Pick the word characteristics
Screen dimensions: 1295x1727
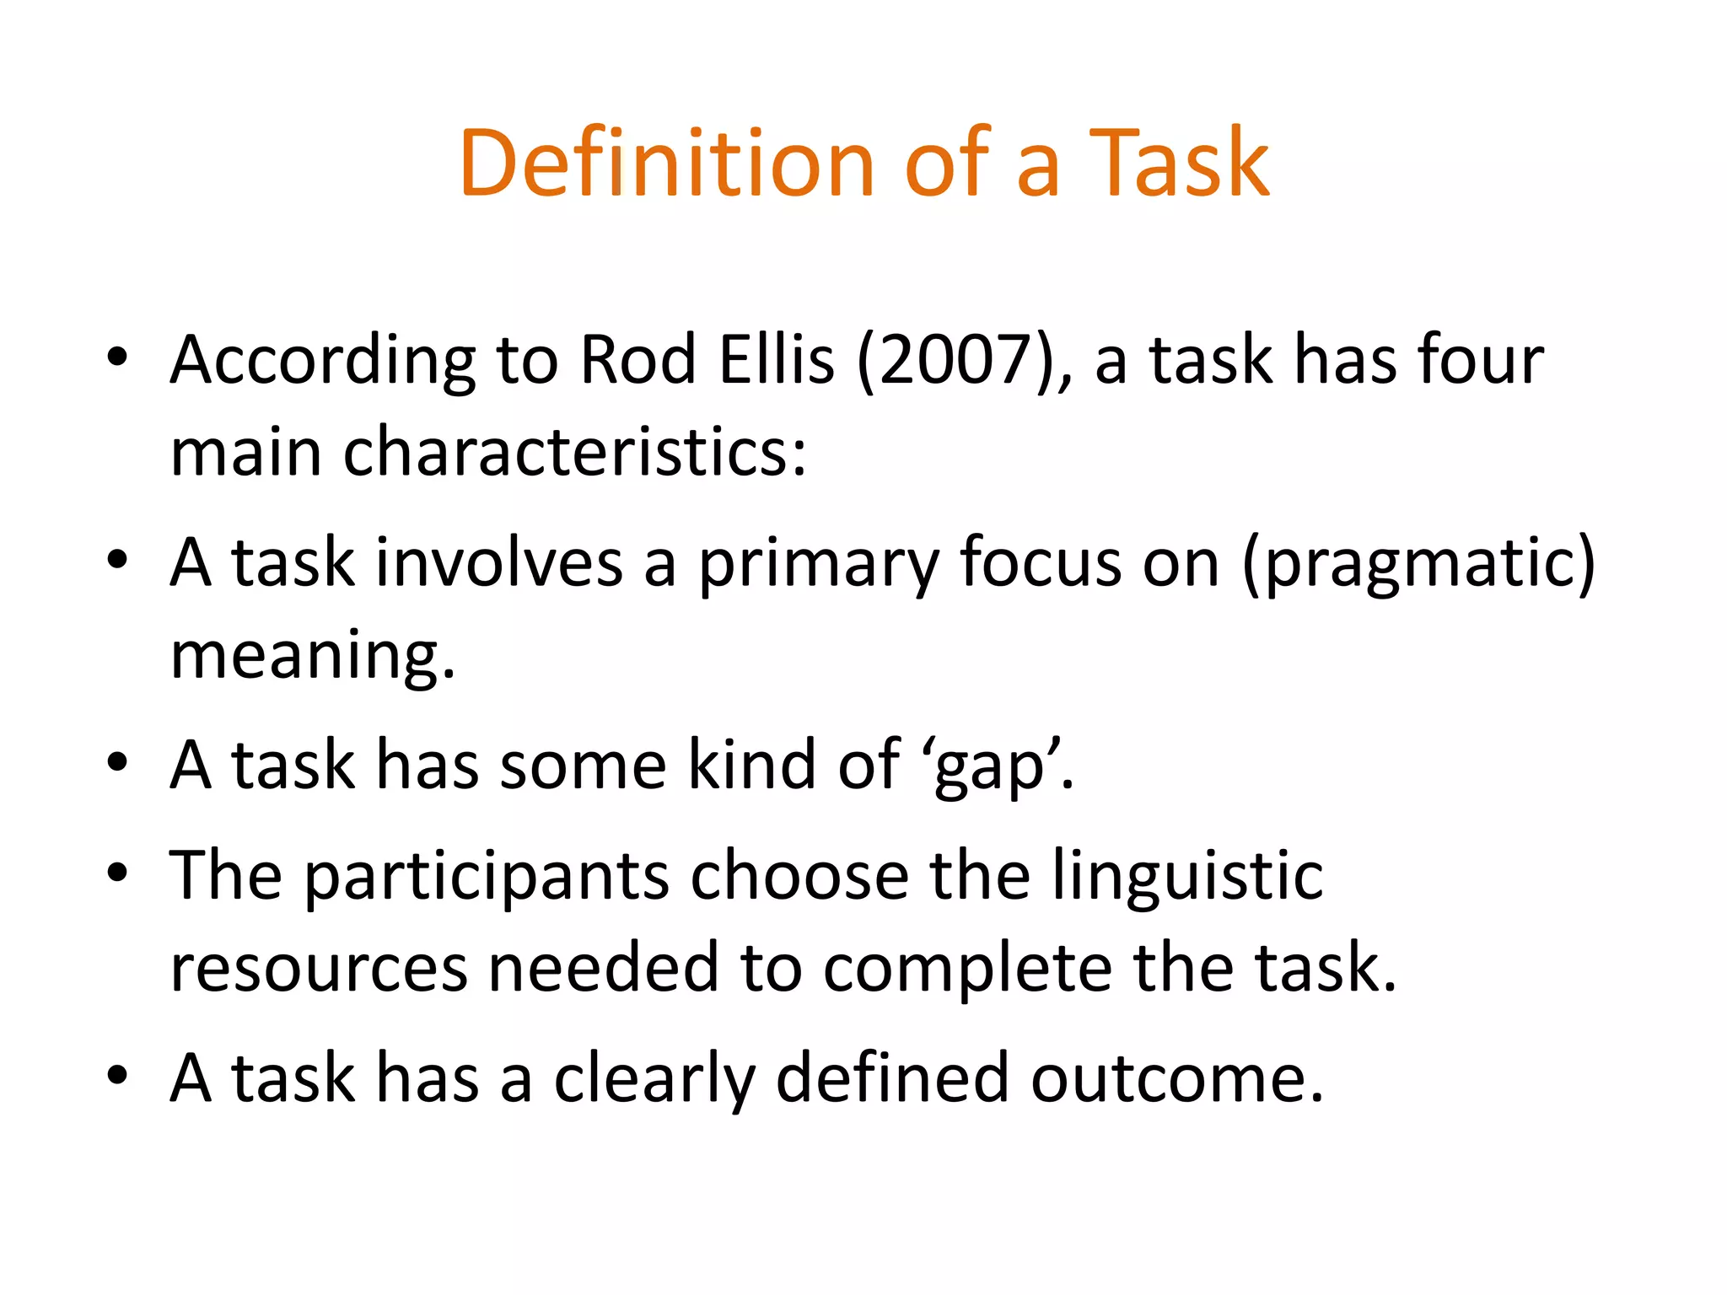pos(573,452)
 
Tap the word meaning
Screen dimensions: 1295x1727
pos(312,656)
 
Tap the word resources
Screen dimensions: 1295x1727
pos(319,968)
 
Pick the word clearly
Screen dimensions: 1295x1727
pos(654,1079)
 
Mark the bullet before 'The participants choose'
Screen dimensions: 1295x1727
pos(117,873)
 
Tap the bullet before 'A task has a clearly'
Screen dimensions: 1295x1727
pos(117,1075)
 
